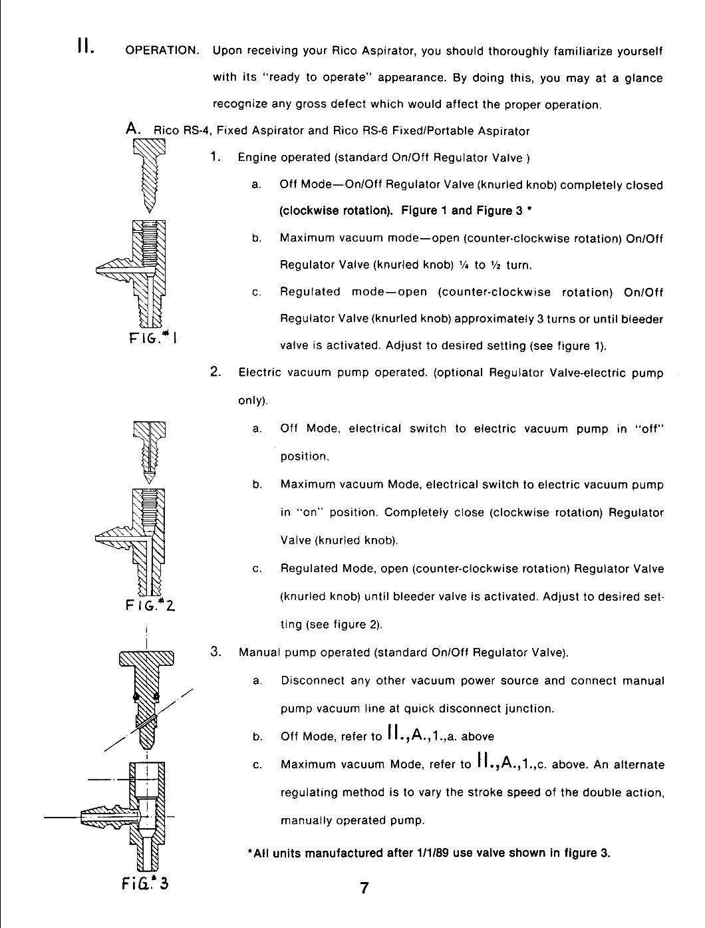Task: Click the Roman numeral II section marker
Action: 84,46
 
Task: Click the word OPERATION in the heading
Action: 162,51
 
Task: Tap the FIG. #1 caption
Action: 152,338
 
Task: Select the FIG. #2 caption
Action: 150,605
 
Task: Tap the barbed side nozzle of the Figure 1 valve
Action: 114,269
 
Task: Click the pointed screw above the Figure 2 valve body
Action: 149,452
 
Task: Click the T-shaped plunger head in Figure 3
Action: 146,659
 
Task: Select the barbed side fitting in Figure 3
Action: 110,817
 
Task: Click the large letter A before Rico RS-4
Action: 133,128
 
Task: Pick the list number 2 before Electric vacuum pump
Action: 215,372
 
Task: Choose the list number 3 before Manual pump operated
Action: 215,651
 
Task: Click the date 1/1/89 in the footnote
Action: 430,853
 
